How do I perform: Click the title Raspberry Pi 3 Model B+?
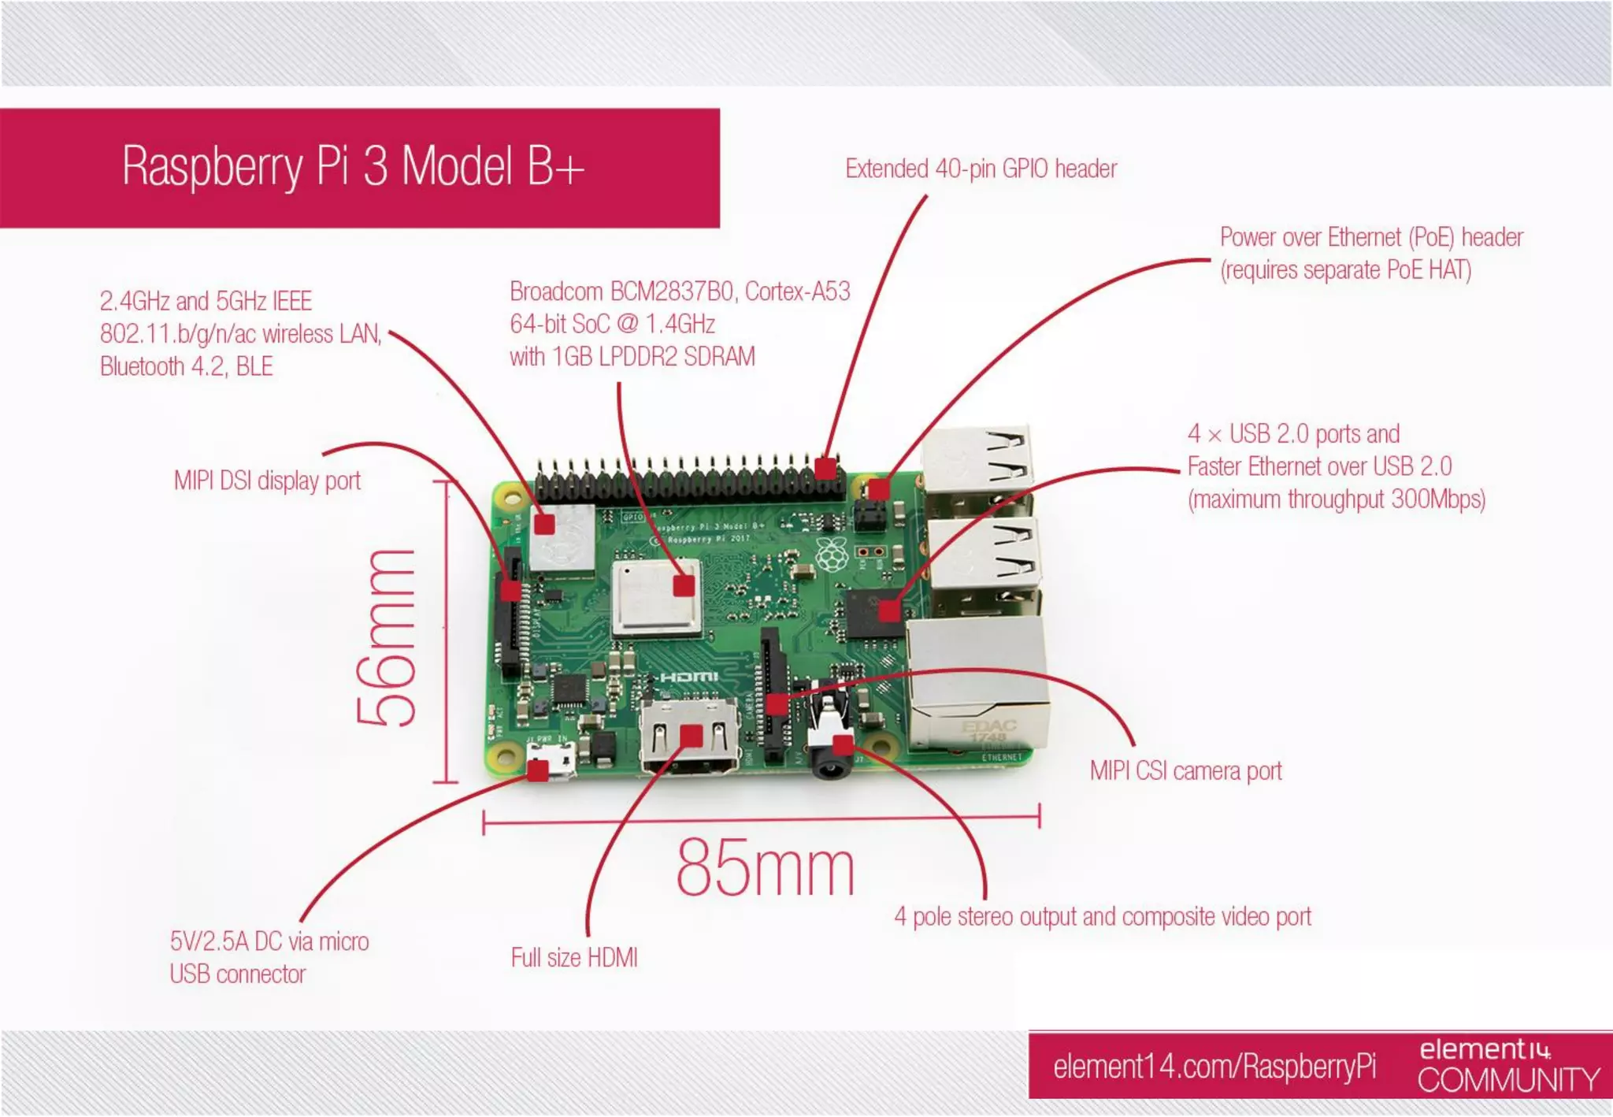(353, 166)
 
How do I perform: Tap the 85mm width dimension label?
(765, 868)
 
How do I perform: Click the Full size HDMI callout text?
(574, 958)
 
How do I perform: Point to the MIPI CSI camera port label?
(1185, 770)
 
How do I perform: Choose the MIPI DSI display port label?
(267, 481)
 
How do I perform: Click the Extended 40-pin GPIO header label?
(981, 169)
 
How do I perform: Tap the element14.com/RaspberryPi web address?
(1214, 1067)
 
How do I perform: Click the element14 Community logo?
(1508, 1066)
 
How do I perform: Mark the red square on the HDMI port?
(691, 736)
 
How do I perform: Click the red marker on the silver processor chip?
(684, 585)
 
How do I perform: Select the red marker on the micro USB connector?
(538, 770)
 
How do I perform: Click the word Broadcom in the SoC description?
(556, 291)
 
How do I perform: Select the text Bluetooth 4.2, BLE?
(186, 366)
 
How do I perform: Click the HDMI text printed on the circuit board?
(688, 677)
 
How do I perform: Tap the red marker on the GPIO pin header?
(825, 469)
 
